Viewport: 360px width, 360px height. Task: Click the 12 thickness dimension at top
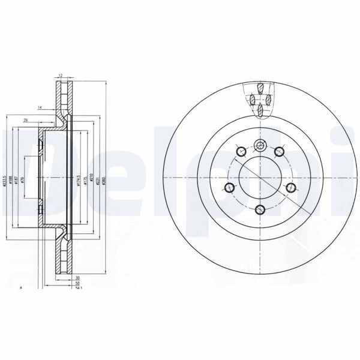[x=61, y=75]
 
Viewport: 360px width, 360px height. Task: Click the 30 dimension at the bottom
[x=79, y=278]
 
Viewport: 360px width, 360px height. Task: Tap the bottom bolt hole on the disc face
[x=259, y=209]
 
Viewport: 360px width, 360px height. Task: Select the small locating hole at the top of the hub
[x=259, y=144]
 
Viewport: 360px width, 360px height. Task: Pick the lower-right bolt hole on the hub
[x=291, y=188]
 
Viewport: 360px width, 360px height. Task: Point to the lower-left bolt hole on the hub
[x=229, y=188]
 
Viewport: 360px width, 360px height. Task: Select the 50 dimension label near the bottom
[x=78, y=283]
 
